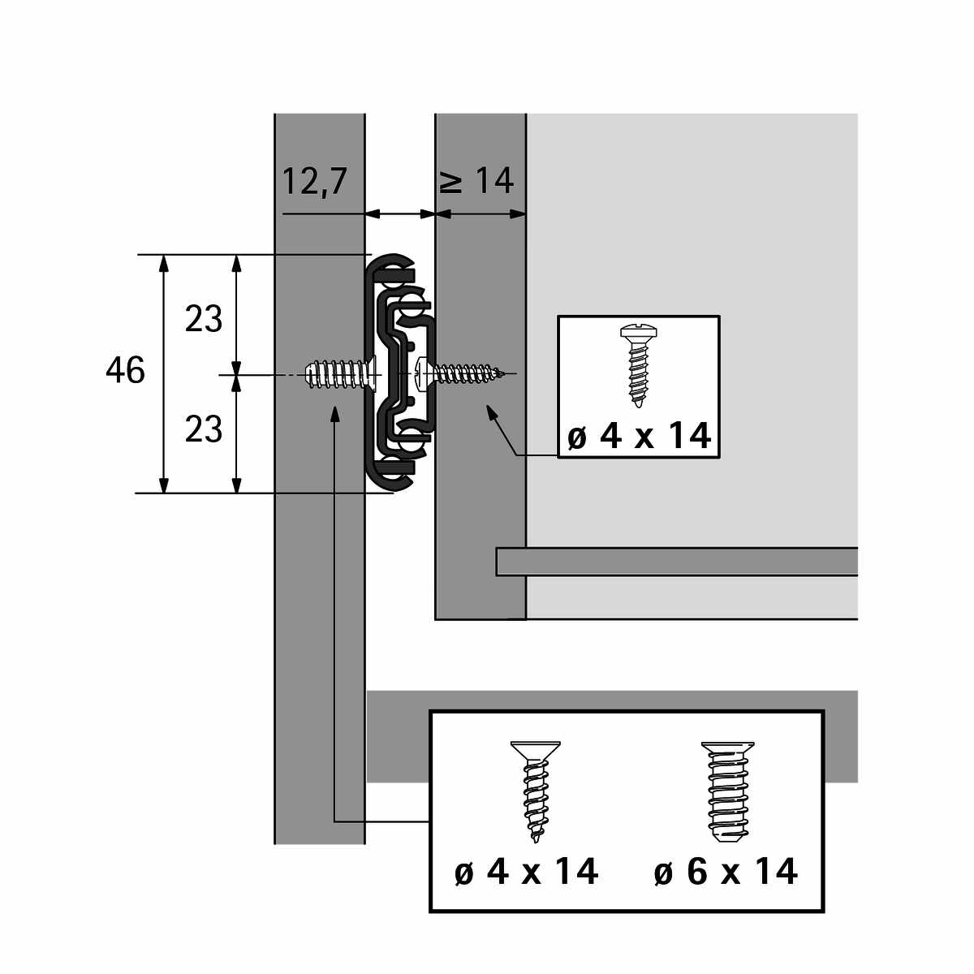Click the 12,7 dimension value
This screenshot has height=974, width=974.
314,182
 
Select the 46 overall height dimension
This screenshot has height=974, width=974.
125,369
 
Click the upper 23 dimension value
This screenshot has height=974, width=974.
203,319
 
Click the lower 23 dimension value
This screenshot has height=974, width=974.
203,429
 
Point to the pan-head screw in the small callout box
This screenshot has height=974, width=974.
639,366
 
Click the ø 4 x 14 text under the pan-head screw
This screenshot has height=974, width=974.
639,436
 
